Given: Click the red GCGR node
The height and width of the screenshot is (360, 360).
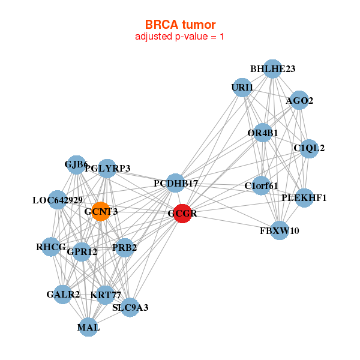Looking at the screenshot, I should click(183, 213).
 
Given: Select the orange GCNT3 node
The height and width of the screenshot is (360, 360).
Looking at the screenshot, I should click(101, 211).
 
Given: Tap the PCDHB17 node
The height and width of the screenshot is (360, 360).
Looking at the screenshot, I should click(175, 182).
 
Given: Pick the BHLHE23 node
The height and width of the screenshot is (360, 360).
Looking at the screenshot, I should click(272, 68).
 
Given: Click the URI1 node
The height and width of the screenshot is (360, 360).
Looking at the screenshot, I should click(242, 88).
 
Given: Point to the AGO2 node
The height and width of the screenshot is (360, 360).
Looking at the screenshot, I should click(299, 100).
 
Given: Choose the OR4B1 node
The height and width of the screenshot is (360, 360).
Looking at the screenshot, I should click(263, 133).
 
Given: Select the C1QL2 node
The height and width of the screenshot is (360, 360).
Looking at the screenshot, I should click(309, 148).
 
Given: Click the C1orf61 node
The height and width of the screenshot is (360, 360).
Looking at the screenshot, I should click(261, 185).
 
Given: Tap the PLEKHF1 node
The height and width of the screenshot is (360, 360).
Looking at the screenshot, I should click(304, 197).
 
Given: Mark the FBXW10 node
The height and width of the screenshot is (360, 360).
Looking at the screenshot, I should click(280, 230).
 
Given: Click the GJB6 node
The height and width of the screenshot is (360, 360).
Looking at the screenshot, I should click(76, 164).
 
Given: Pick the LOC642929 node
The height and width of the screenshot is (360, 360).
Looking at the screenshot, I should click(58, 200).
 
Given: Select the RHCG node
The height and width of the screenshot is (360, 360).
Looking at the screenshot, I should click(50, 247).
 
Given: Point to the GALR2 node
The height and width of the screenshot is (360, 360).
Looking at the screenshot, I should click(63, 294).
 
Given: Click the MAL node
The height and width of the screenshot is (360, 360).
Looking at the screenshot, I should click(88, 327).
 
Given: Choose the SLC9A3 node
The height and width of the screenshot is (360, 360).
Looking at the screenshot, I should click(130, 308).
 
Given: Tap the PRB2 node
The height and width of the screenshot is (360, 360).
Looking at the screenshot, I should click(124, 247).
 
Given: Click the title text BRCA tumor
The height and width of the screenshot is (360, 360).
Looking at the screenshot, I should click(180, 25).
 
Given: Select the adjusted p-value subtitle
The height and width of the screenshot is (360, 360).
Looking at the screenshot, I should click(180, 37).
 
